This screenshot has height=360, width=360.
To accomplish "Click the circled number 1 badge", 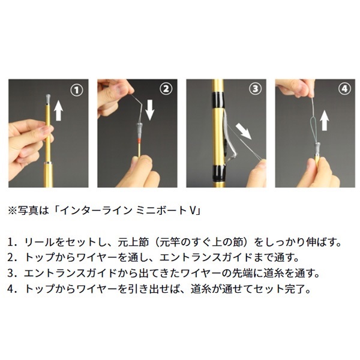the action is (x=77, y=90).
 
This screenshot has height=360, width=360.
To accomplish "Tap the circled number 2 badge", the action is (x=166, y=89).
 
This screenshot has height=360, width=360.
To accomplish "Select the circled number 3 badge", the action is (x=256, y=89).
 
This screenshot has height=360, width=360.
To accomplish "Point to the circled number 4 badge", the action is (x=344, y=89).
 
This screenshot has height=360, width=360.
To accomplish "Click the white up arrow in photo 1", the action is (x=58, y=111).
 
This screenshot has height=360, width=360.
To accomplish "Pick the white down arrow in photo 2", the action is (x=149, y=110).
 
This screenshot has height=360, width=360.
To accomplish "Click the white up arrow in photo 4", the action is (x=325, y=121).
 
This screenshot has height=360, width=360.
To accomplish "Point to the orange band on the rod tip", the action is (x=139, y=140).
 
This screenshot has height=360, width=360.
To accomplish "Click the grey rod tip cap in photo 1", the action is (x=48, y=99).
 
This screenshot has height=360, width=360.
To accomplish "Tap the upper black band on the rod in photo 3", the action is (x=218, y=100).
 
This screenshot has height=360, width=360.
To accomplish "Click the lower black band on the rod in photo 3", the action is (x=218, y=174).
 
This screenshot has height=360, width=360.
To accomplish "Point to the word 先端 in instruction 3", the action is (x=243, y=273).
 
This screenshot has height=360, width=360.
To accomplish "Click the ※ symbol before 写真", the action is (x=12, y=211).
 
